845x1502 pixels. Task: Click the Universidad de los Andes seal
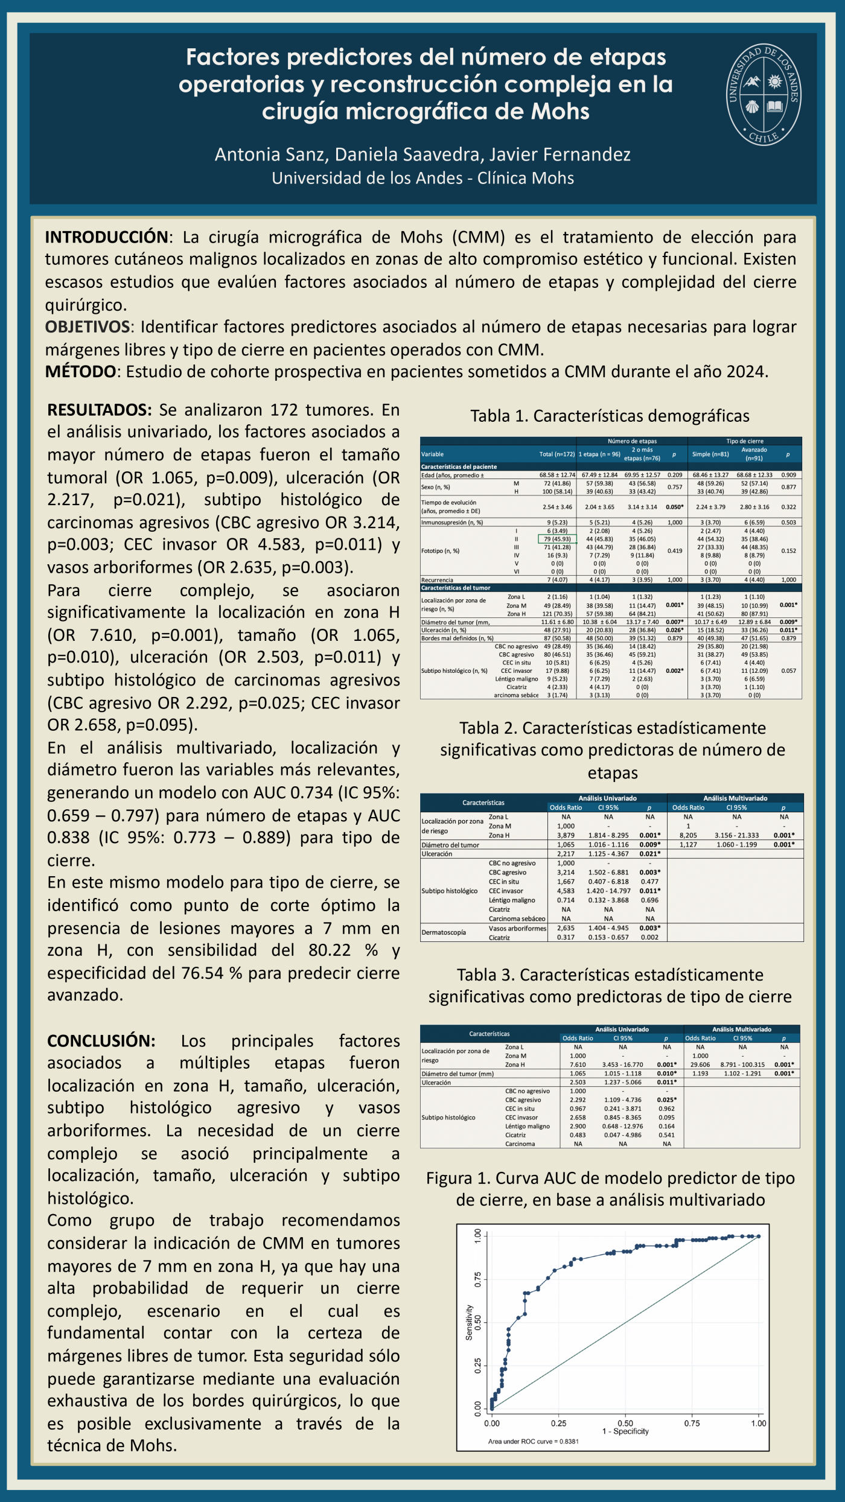(x=764, y=95)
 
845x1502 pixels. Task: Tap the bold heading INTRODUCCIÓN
(x=106, y=237)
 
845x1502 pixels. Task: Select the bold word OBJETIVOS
(x=88, y=327)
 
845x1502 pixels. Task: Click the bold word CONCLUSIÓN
(x=101, y=1040)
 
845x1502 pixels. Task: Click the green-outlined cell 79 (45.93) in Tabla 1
(x=557, y=539)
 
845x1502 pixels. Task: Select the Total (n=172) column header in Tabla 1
(x=556, y=454)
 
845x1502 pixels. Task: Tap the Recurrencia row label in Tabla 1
(x=437, y=580)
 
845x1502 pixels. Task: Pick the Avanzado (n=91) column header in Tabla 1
(x=754, y=454)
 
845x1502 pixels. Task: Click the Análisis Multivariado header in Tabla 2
(x=735, y=798)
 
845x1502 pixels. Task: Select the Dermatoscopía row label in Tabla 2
(x=444, y=932)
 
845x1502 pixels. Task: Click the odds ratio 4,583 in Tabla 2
(x=566, y=891)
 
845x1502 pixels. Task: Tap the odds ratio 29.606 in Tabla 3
(x=700, y=1064)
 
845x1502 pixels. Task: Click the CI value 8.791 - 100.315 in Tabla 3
(x=742, y=1064)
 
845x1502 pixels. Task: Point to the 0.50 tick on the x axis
(x=625, y=1424)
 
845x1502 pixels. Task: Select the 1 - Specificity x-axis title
(x=625, y=1431)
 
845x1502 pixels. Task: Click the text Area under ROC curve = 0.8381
(x=533, y=1442)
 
